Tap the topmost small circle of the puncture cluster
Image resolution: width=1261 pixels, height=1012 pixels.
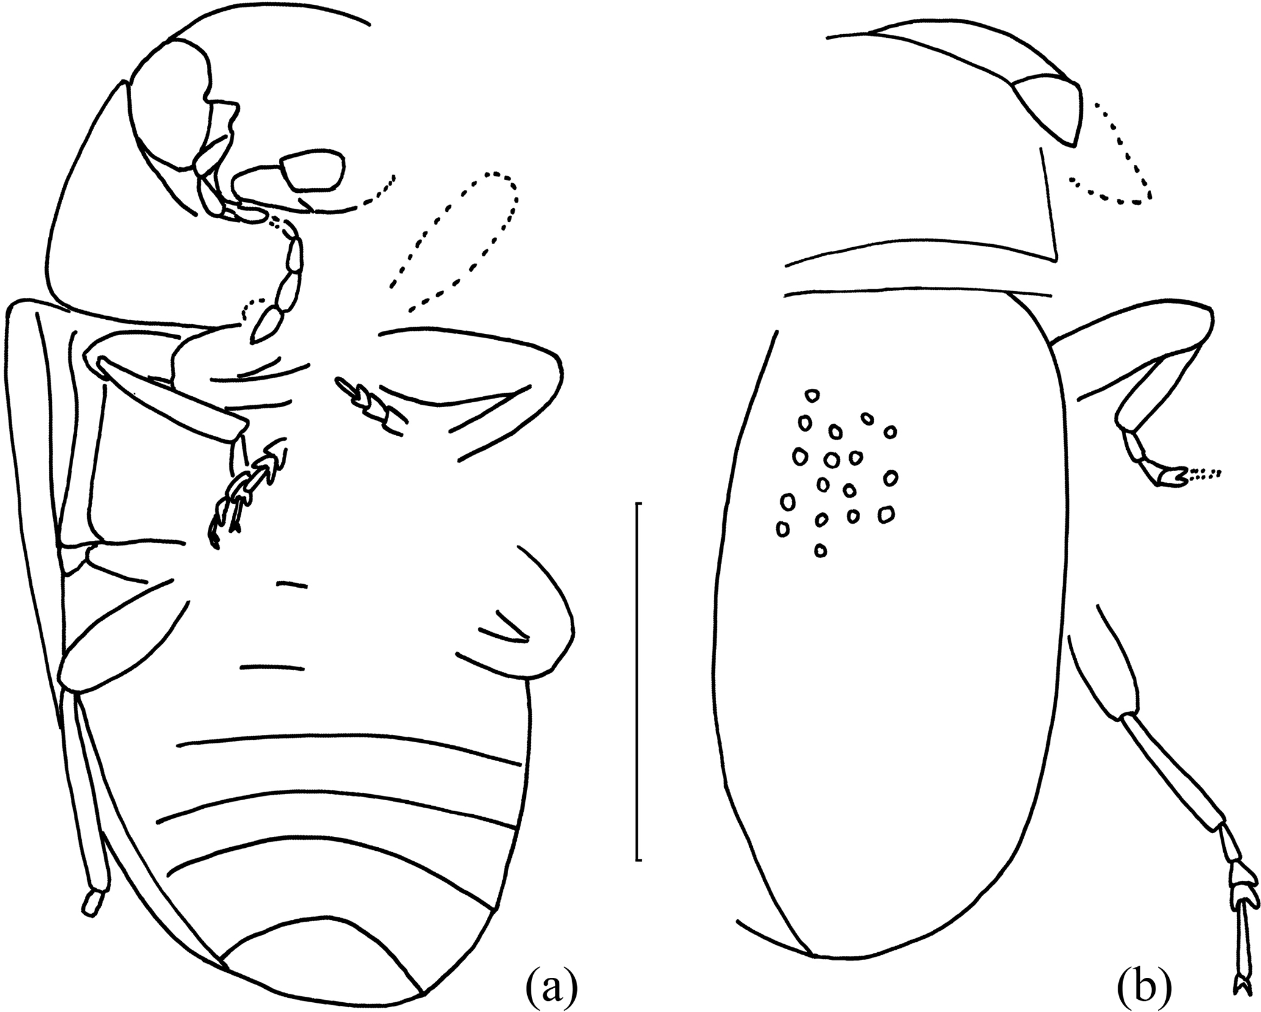click(811, 396)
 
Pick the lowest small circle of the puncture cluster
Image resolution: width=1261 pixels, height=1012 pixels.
click(821, 551)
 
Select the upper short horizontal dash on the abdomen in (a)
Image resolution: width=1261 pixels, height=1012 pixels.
click(292, 585)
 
